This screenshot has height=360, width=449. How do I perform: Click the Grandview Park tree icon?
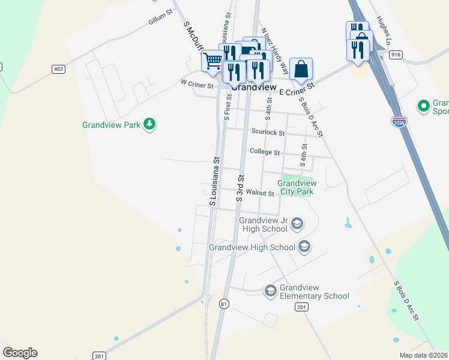coord(149,125)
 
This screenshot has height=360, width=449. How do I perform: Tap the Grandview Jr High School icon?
coord(297,224)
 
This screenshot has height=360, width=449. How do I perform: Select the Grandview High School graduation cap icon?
coord(304,247)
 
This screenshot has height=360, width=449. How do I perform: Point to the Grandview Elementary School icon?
coord(270,291)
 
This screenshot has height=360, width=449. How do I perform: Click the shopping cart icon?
coord(212,61)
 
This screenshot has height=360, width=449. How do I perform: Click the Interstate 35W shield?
coord(399,122)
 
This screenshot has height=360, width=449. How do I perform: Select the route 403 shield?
coord(58,69)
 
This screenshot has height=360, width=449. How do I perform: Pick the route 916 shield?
coord(395,55)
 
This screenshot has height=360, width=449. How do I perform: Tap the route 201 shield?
coord(301,307)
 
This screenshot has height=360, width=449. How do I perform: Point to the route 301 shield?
coord(99,356)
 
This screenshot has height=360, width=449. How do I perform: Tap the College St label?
coord(265,152)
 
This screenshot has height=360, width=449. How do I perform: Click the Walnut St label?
coord(260,193)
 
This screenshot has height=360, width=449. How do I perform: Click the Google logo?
coord(20,353)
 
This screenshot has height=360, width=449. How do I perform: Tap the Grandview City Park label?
coord(295,187)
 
